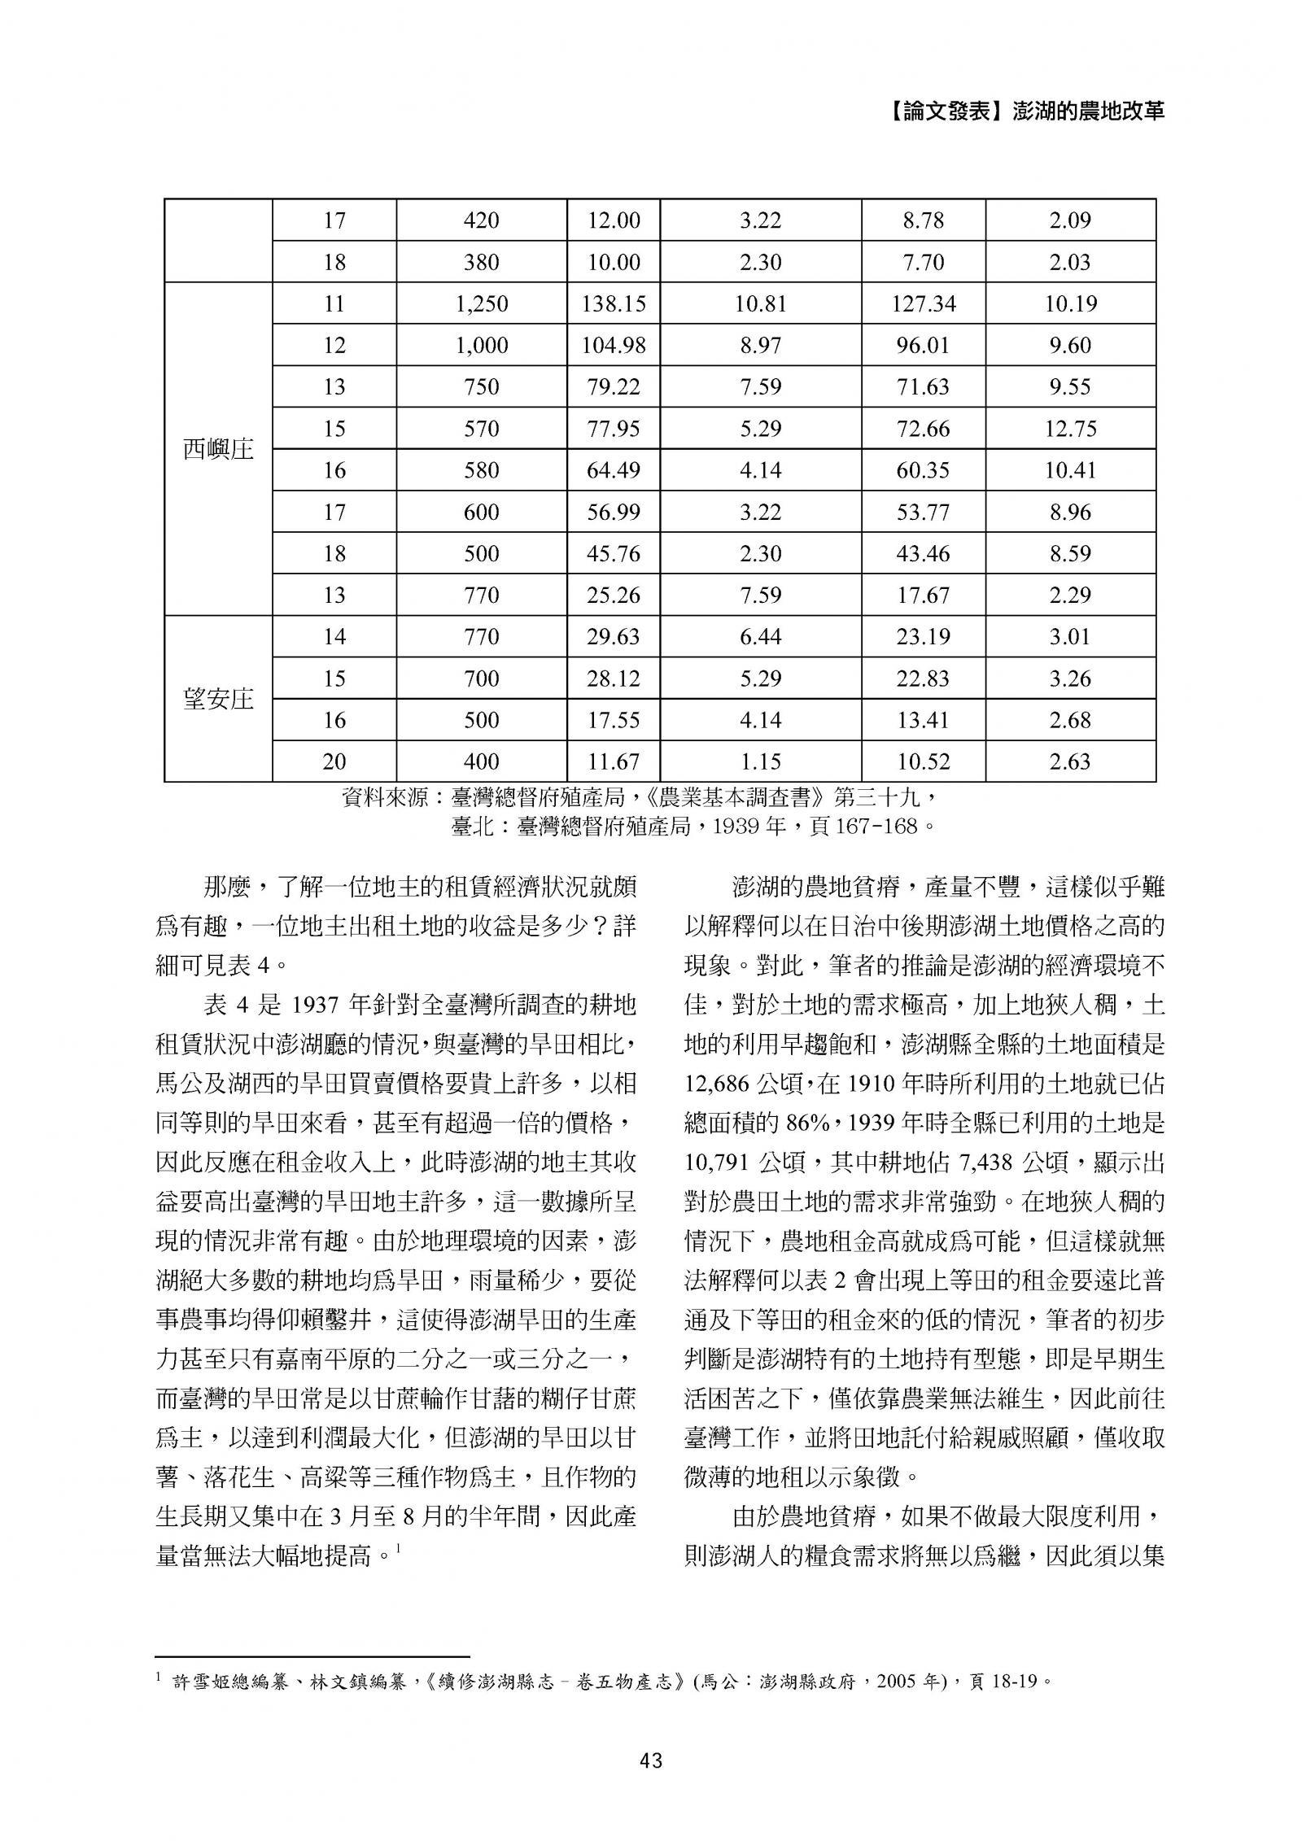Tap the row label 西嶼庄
point(218,449)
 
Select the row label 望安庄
point(218,699)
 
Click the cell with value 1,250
point(481,304)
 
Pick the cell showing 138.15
point(613,304)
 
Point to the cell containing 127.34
point(923,304)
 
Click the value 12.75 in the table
point(1070,429)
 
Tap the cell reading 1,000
point(481,346)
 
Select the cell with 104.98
point(613,346)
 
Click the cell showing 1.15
point(760,761)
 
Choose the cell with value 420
point(481,220)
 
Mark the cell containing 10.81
point(760,304)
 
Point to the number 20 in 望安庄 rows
point(334,761)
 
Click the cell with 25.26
point(613,595)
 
